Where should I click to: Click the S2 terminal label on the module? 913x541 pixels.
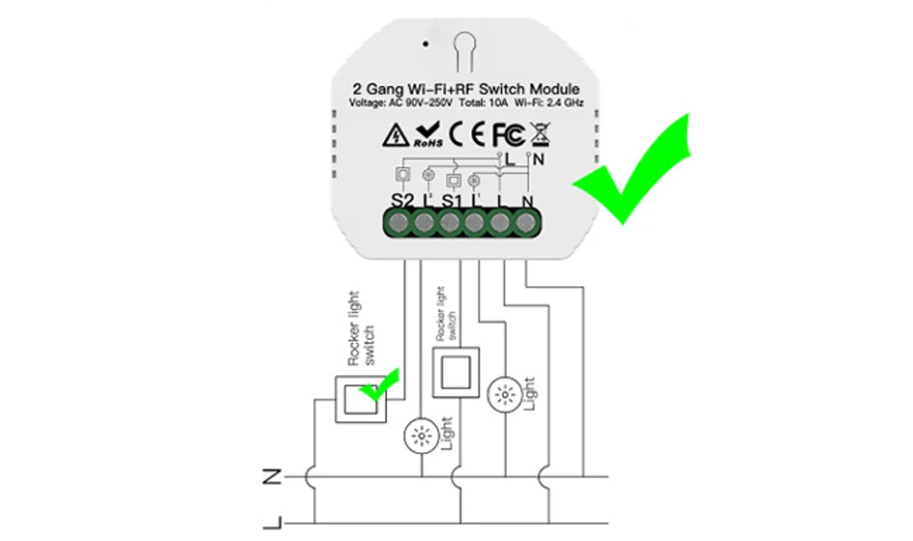pyautogui.click(x=402, y=200)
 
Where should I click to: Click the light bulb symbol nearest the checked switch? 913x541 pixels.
pyautogui.click(x=422, y=437)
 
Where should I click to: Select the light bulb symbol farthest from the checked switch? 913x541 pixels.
pyautogui.click(x=504, y=394)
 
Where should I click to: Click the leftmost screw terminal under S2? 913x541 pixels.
pyautogui.click(x=398, y=224)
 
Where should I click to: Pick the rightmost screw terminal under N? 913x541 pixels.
pyautogui.click(x=524, y=224)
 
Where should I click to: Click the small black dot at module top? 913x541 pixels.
pyautogui.click(x=424, y=44)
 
